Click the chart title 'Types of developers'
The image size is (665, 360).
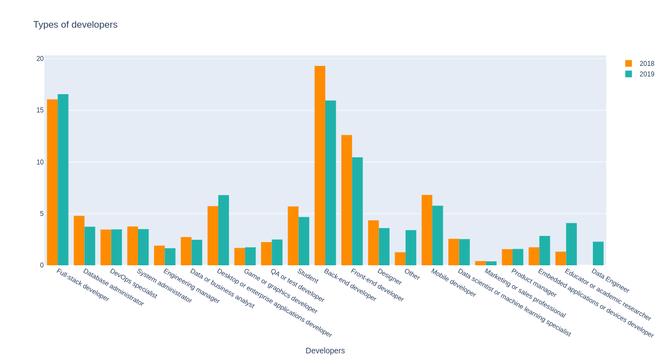[x=75, y=25]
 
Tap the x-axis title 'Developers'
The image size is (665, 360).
[x=325, y=351]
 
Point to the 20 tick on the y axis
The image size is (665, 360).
[x=40, y=59]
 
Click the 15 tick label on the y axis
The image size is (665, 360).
[x=40, y=110]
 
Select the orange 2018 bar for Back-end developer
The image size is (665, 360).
[x=320, y=166]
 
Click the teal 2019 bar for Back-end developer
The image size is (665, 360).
[x=331, y=183]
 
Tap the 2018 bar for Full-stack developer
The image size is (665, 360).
[x=52, y=182]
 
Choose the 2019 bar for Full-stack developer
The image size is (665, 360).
[x=63, y=179]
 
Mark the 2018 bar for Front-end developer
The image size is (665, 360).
[x=346, y=200]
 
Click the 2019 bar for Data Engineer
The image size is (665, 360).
[x=598, y=253]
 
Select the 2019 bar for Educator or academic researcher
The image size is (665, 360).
[x=571, y=244]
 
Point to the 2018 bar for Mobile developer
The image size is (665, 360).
[x=427, y=230]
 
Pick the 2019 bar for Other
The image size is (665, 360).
[x=411, y=248]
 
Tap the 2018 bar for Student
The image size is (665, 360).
[x=293, y=236]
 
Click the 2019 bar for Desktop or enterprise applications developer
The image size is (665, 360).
[x=223, y=230]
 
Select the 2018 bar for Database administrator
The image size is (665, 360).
[x=79, y=240]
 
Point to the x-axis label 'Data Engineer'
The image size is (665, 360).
[x=610, y=281]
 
